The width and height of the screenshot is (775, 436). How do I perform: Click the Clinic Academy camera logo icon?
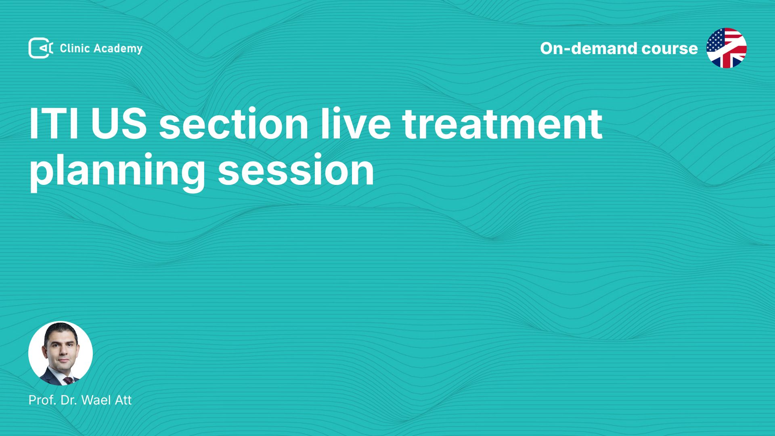pos(40,48)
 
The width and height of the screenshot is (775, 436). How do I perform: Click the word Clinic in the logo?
pos(75,48)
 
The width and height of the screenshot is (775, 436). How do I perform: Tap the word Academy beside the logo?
pos(118,49)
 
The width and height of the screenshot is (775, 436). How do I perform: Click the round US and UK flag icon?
pos(727,48)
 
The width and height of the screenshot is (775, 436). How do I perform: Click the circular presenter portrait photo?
pos(61,353)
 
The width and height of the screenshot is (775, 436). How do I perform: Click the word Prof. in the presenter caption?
pos(42,400)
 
